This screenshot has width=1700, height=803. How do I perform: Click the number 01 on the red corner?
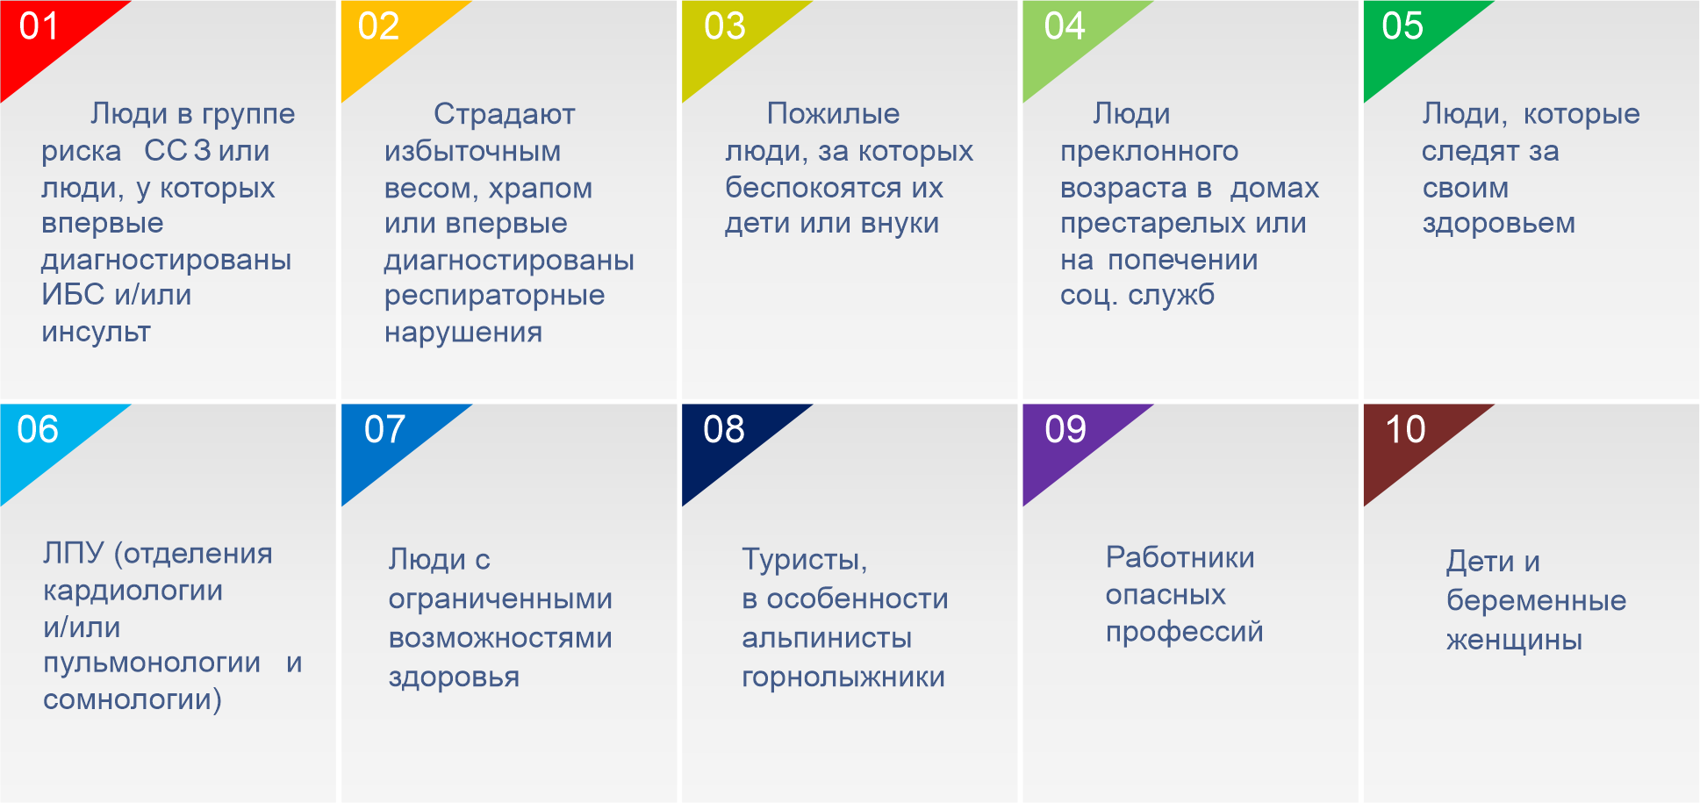(x=39, y=26)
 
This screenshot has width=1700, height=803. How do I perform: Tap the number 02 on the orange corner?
(x=379, y=26)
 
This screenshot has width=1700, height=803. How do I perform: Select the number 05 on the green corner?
(x=1402, y=26)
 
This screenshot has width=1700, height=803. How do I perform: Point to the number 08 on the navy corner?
(x=724, y=429)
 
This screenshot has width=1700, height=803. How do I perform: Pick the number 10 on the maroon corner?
(x=1405, y=429)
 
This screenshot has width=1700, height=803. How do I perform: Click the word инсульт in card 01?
(x=97, y=332)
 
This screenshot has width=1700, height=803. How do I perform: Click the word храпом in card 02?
(x=541, y=189)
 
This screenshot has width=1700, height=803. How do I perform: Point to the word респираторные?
(x=494, y=297)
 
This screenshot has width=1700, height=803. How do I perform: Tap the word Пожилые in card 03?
(x=833, y=113)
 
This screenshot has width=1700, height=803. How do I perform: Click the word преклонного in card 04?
(x=1150, y=152)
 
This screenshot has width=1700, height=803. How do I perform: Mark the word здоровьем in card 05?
(x=1499, y=224)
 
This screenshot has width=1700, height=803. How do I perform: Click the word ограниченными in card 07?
(x=500, y=600)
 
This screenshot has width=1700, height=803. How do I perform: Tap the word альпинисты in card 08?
(x=827, y=638)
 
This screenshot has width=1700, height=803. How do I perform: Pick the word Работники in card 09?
(x=1180, y=557)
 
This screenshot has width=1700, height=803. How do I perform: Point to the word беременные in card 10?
(x=1537, y=601)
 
